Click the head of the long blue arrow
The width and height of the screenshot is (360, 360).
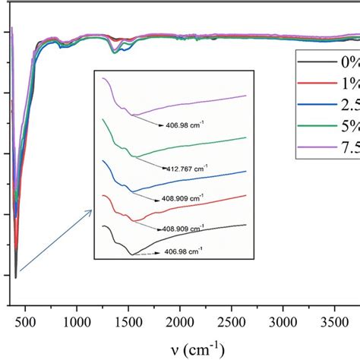(92, 211)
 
